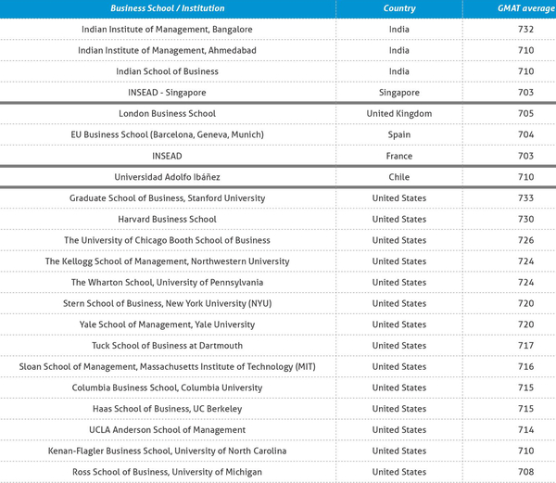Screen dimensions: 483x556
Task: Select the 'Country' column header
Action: click(399, 8)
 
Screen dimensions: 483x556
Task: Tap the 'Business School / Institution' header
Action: click(168, 8)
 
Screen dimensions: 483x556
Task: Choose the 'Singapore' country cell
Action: click(399, 93)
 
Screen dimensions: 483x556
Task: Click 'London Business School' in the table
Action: click(168, 114)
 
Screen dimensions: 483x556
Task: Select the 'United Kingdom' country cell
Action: click(399, 114)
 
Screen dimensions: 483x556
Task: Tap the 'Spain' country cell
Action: click(399, 134)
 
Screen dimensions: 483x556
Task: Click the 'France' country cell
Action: click(399, 156)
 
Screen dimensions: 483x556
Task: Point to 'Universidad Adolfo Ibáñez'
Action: click(168, 177)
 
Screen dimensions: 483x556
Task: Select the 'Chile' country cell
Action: click(399, 177)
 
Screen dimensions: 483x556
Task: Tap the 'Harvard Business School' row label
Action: click(168, 219)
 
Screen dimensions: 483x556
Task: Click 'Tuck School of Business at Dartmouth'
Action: click(168, 346)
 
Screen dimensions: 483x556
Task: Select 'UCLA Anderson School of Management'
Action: click(168, 430)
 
